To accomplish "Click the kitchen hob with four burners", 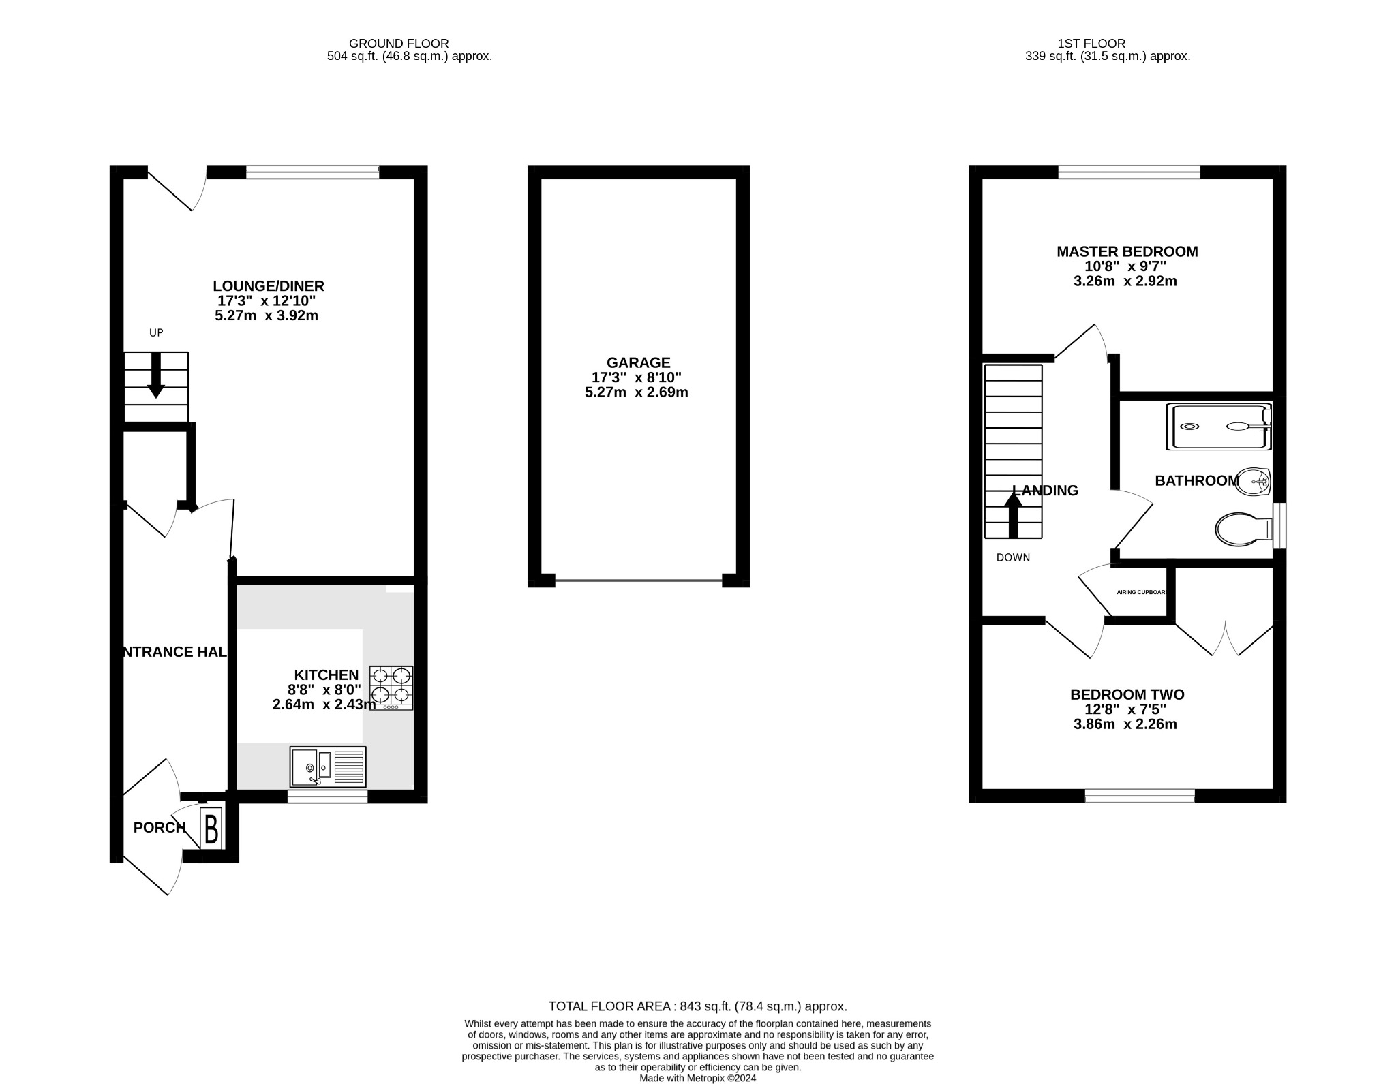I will pyautogui.click(x=391, y=687).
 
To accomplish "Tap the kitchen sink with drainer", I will pyautogui.click(x=328, y=766).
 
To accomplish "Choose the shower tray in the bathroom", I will pyautogui.click(x=1218, y=427).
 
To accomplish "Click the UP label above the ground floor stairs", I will pyautogui.click(x=156, y=333).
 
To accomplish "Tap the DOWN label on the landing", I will pyautogui.click(x=1013, y=557).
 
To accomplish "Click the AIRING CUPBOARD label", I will pyautogui.click(x=1142, y=592).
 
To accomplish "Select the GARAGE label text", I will pyautogui.click(x=638, y=362).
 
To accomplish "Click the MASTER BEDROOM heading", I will pyautogui.click(x=1127, y=251).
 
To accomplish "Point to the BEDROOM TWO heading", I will pyautogui.click(x=1127, y=694).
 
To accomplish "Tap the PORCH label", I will pyautogui.click(x=159, y=827).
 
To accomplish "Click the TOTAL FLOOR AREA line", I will pyautogui.click(x=697, y=1006).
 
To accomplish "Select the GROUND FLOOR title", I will pyautogui.click(x=399, y=44).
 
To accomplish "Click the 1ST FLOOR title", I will pyautogui.click(x=1107, y=44).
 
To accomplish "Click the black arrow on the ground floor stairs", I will pyautogui.click(x=155, y=375).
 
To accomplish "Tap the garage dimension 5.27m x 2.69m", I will pyautogui.click(x=636, y=392).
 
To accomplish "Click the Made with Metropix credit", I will pyautogui.click(x=697, y=1078).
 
